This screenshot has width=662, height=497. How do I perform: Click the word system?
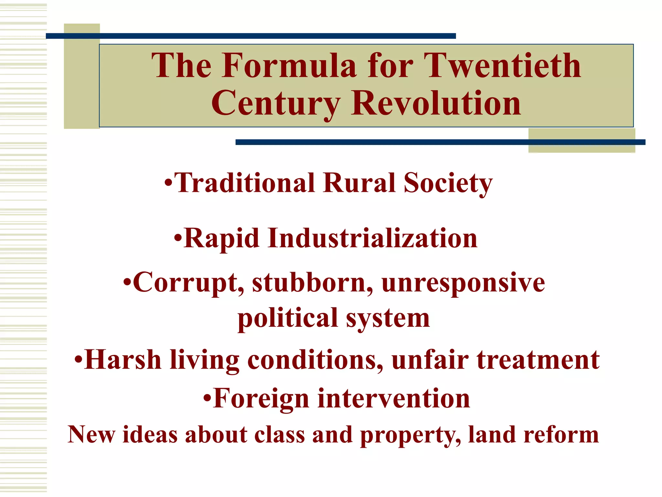coord(388,319)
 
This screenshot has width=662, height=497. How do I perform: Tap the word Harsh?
coord(123,359)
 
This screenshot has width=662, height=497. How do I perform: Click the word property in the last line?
coord(411,436)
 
